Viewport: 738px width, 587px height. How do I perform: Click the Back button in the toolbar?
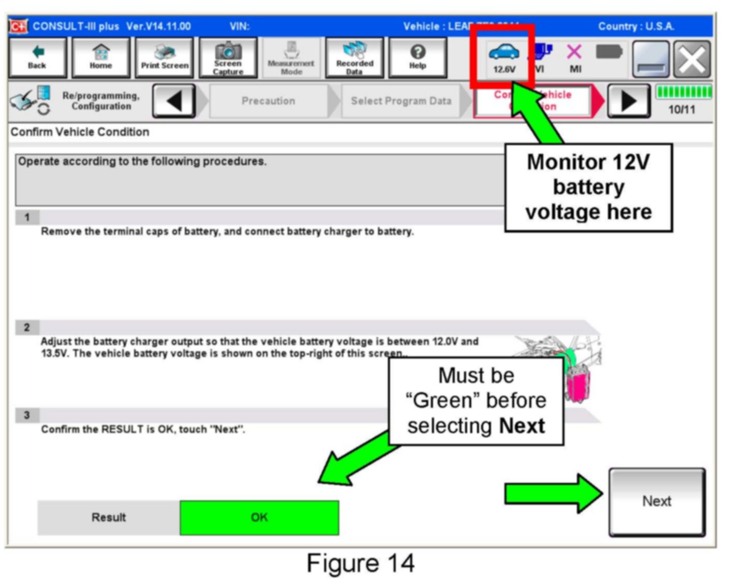click(37, 58)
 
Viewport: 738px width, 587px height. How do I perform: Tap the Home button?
click(100, 58)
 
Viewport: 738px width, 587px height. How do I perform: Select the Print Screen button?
click(164, 58)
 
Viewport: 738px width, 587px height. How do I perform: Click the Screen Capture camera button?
click(228, 58)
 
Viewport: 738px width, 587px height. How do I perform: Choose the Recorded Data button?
click(355, 58)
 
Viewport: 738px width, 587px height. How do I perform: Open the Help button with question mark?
click(417, 58)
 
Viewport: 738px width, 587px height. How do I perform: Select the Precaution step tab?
click(268, 101)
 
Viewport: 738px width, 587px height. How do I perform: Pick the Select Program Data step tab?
click(401, 101)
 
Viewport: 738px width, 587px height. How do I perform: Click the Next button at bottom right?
click(657, 502)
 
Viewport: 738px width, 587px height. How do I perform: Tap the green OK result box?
click(259, 517)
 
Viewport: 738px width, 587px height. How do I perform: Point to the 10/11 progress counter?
click(682, 109)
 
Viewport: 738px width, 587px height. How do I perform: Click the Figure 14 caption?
click(360, 563)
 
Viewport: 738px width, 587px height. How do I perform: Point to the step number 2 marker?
click(27, 327)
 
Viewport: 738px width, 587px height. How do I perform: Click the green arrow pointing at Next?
click(552, 494)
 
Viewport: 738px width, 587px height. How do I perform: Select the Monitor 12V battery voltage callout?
click(588, 187)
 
